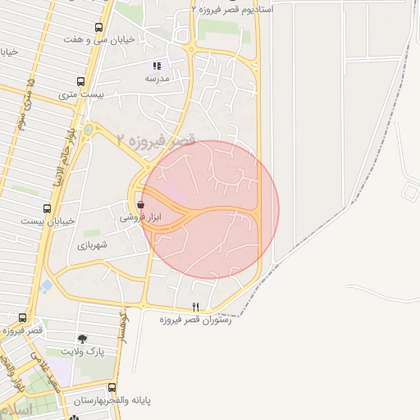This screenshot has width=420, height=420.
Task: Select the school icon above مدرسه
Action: pos(157,66)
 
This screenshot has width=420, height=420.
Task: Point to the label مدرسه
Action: pos(157,79)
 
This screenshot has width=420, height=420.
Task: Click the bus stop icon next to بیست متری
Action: pos(80,81)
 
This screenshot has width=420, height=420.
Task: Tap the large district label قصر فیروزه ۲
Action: pos(156,140)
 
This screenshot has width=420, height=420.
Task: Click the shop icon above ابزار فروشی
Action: pos(140,204)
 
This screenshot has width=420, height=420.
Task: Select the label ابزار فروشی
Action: pos(141,217)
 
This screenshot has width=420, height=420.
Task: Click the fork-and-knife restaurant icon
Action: pos(195,306)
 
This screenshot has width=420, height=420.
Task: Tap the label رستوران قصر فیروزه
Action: pos(195,319)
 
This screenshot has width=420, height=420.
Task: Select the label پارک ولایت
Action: pos(82,350)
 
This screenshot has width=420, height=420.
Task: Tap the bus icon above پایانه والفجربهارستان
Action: pos(112,386)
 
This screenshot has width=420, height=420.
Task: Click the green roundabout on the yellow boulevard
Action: pos(89,130)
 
